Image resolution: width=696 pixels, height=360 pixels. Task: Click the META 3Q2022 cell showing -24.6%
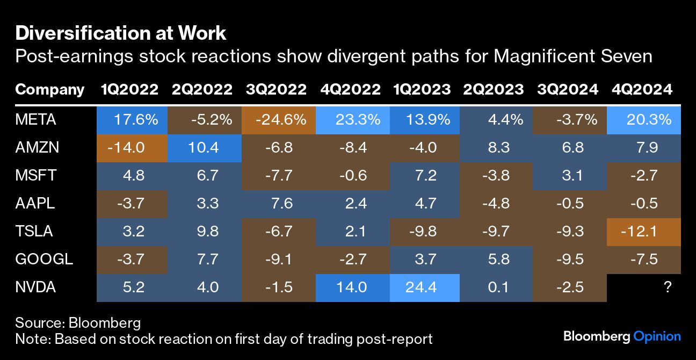tap(279, 119)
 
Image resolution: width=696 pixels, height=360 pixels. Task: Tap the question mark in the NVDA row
tap(668, 287)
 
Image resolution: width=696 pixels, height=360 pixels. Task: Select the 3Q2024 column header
tap(568, 89)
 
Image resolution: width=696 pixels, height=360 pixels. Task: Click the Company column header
tap(49, 89)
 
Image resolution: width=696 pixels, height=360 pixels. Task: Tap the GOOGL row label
tap(44, 259)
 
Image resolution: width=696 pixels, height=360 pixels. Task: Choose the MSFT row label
tap(35, 175)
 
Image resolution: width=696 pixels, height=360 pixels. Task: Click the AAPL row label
tap(35, 203)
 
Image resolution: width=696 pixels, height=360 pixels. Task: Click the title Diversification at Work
tap(121, 33)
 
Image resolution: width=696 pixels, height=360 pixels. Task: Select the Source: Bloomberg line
tap(78, 323)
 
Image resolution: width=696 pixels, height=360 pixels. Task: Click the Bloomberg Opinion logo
tap(622, 337)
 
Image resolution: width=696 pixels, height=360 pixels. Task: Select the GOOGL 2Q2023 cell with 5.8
tap(498, 259)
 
